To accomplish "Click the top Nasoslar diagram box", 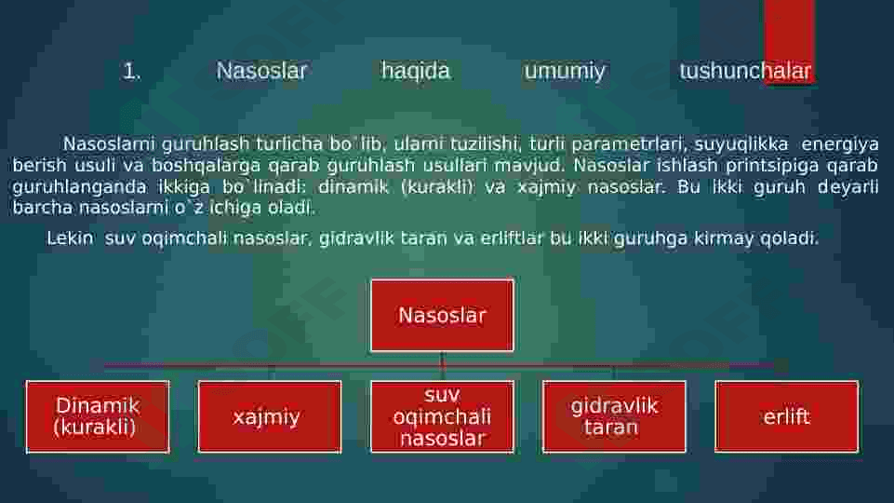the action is pos(442,315).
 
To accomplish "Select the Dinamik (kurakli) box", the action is pos(98,416).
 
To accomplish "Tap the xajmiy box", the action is pos(270,416).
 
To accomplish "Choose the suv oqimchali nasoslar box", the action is pos(442,416).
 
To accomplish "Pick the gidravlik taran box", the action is pos(614,416).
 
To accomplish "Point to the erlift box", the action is pos(786,416).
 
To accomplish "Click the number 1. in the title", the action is pos(132,72).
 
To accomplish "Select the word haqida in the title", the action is pos(416,72).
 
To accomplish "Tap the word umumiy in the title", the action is pos(565,72).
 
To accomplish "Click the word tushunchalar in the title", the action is pos(745,72).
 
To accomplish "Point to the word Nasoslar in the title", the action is pos(261,72).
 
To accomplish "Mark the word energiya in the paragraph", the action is pos(840,144).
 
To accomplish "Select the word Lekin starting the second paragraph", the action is pos(70,238).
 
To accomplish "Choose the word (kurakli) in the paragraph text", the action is pos(437,186).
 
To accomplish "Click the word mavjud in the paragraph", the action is pos(528,166).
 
